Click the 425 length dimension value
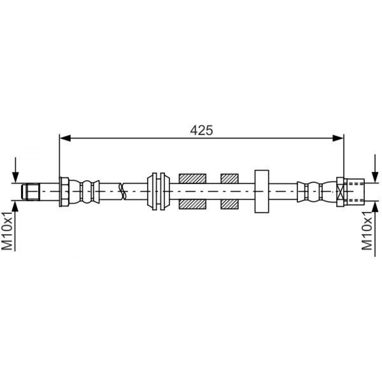pos(201,130)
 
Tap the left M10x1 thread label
pos(7,231)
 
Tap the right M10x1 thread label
pos(367,231)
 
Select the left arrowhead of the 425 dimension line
pos(65,138)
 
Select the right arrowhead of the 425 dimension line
pos(338,138)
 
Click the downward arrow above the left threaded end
pos(15,170)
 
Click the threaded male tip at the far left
pos(31,192)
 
